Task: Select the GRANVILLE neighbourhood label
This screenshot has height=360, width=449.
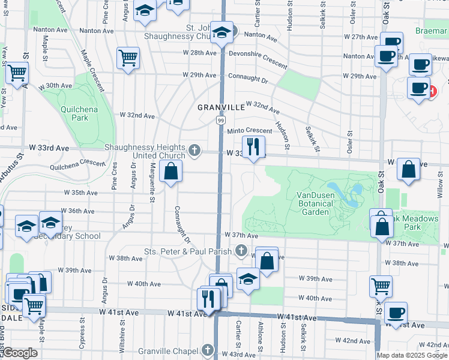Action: tap(222, 107)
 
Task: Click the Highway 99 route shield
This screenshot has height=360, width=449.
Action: tap(221, 121)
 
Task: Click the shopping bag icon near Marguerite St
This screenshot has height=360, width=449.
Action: tap(171, 171)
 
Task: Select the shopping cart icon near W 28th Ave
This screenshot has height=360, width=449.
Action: tap(128, 58)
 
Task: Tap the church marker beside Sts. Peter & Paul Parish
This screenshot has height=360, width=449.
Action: tap(241, 251)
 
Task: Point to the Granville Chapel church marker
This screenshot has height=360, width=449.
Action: tap(207, 350)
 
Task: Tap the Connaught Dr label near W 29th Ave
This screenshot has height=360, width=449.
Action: tap(247, 77)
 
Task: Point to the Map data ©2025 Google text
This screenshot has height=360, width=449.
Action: tap(412, 355)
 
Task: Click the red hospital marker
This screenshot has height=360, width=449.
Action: tap(432, 92)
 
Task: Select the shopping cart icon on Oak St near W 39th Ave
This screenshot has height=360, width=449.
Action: tap(381, 287)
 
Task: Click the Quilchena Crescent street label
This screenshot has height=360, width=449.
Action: tap(78, 163)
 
